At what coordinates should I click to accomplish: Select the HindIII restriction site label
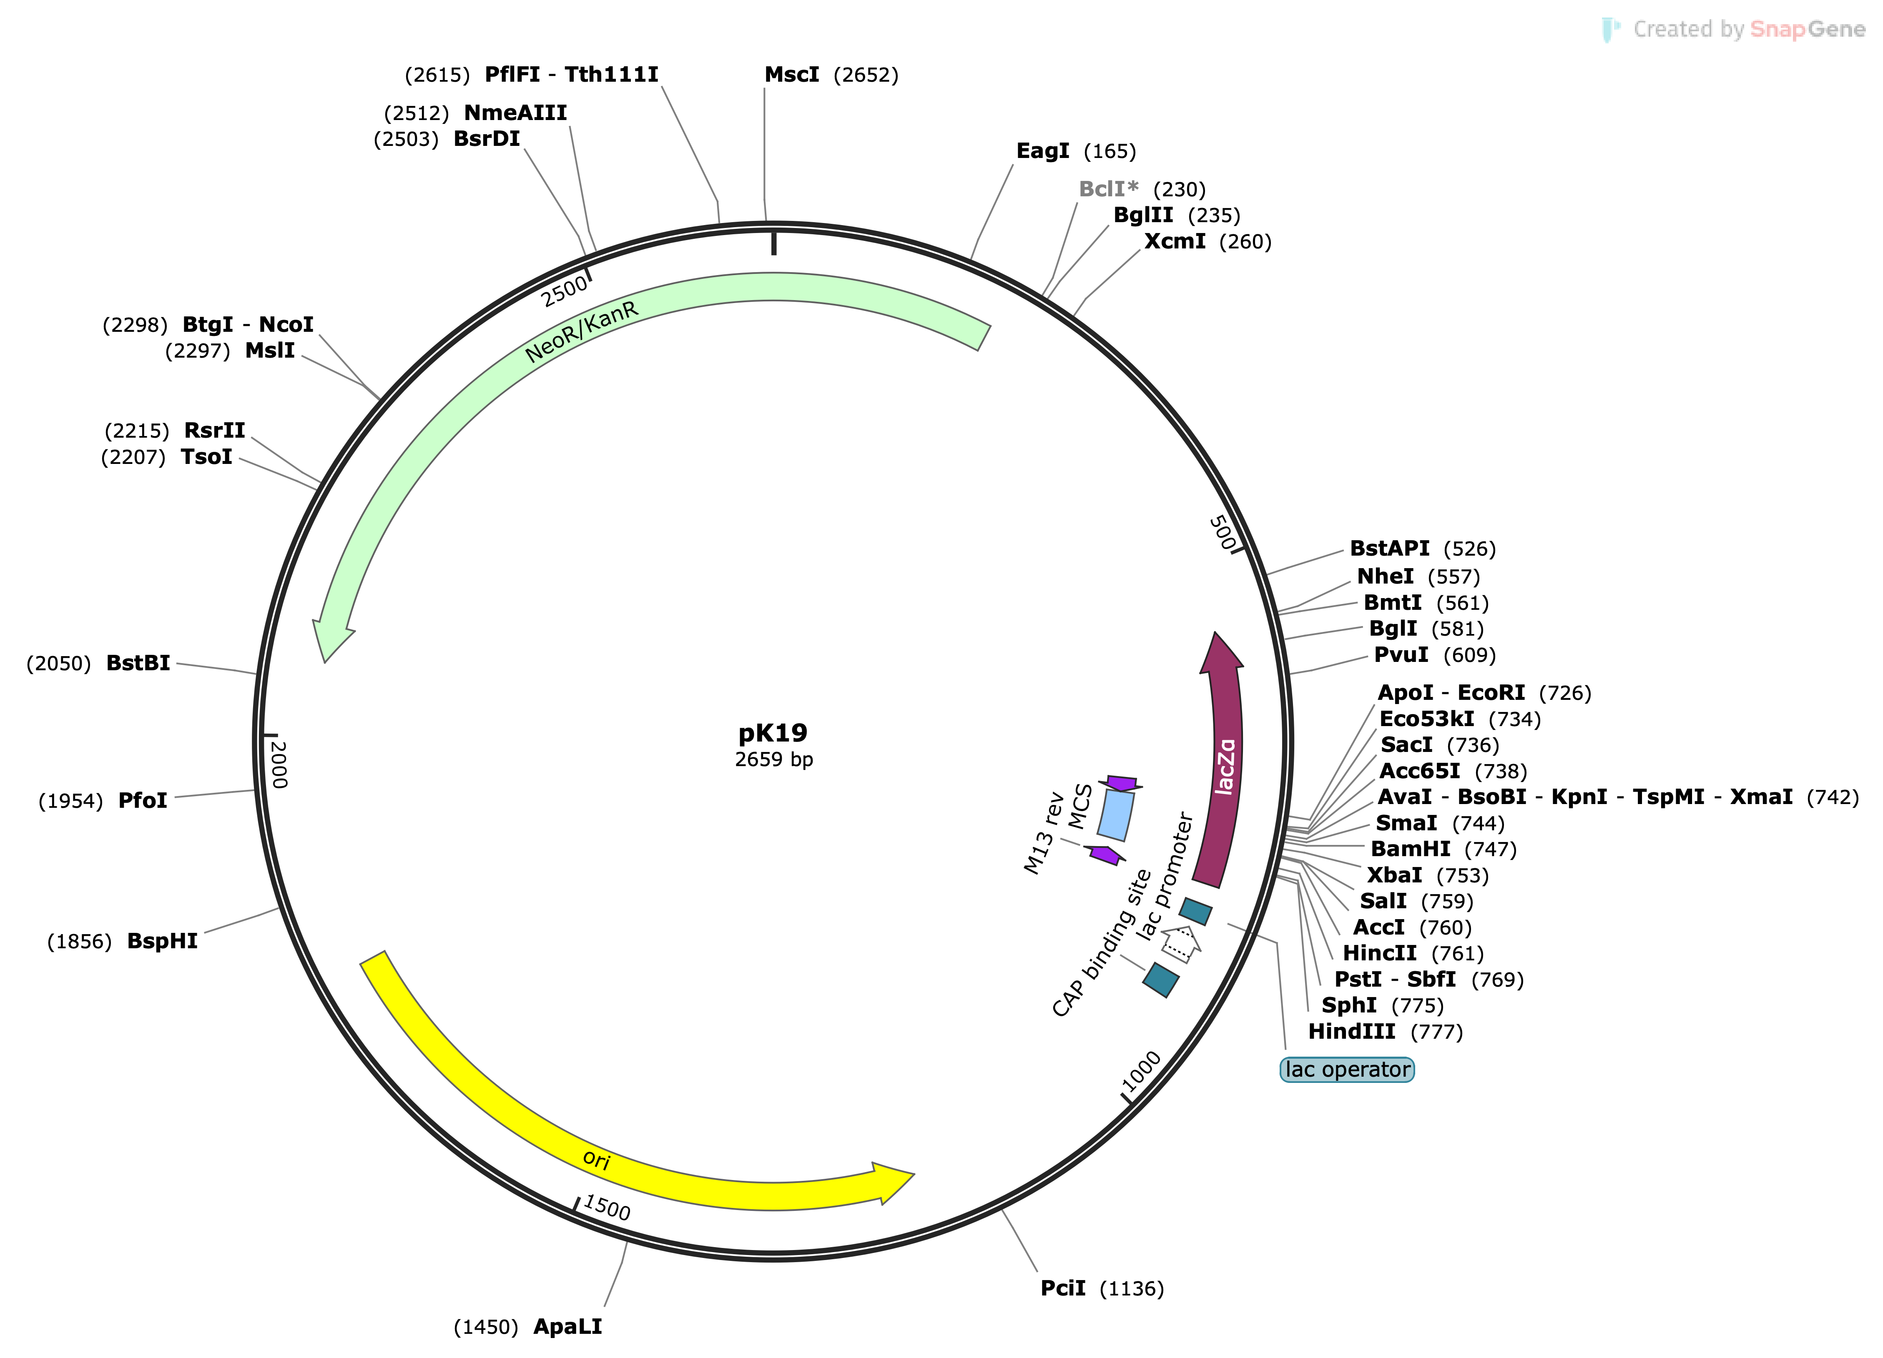pos(1351,1032)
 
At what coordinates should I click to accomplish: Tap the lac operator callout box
pos(1347,1069)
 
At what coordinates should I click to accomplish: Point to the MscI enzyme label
pos(791,75)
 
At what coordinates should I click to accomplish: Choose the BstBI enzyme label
pos(138,663)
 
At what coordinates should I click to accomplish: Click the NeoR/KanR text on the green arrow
pos(581,332)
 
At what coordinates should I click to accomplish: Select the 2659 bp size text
pos(773,759)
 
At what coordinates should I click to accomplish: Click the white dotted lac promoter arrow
pos(1180,945)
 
